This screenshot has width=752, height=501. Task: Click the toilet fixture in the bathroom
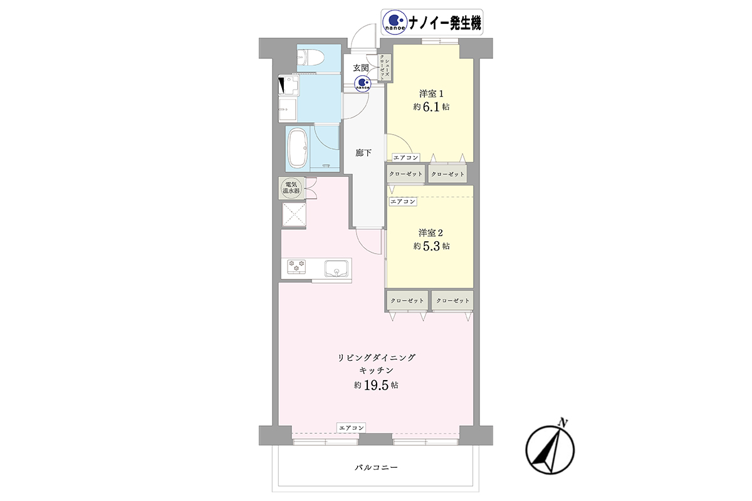pos(310,58)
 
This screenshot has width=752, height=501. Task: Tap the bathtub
pos(298,148)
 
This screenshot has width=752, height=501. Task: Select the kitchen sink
pos(336,269)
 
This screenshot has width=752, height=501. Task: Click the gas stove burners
pos(296,266)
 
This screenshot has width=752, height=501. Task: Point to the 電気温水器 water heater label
pos(291,188)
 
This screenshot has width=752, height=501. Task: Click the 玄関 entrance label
pos(361,68)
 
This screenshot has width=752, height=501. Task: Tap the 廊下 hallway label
pos(363,153)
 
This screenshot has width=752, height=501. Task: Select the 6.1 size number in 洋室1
pos(431,106)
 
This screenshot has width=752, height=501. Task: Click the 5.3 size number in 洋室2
pos(431,246)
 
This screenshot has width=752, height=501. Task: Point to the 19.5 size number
pos(377,385)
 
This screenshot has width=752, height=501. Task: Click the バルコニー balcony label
pos(377,467)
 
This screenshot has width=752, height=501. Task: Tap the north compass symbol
pos(550,448)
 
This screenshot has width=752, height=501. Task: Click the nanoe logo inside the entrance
pos(363,83)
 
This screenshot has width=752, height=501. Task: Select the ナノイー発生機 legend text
pos(444,23)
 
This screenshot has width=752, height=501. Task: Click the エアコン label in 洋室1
pos(406,157)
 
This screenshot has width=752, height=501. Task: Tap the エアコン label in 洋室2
pos(402,202)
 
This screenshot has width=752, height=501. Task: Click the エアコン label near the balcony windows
pos(351,428)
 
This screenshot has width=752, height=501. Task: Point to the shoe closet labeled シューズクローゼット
pos(384,68)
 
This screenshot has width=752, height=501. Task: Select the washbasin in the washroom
pos(288,109)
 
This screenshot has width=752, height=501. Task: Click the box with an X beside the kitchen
pos(294,214)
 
